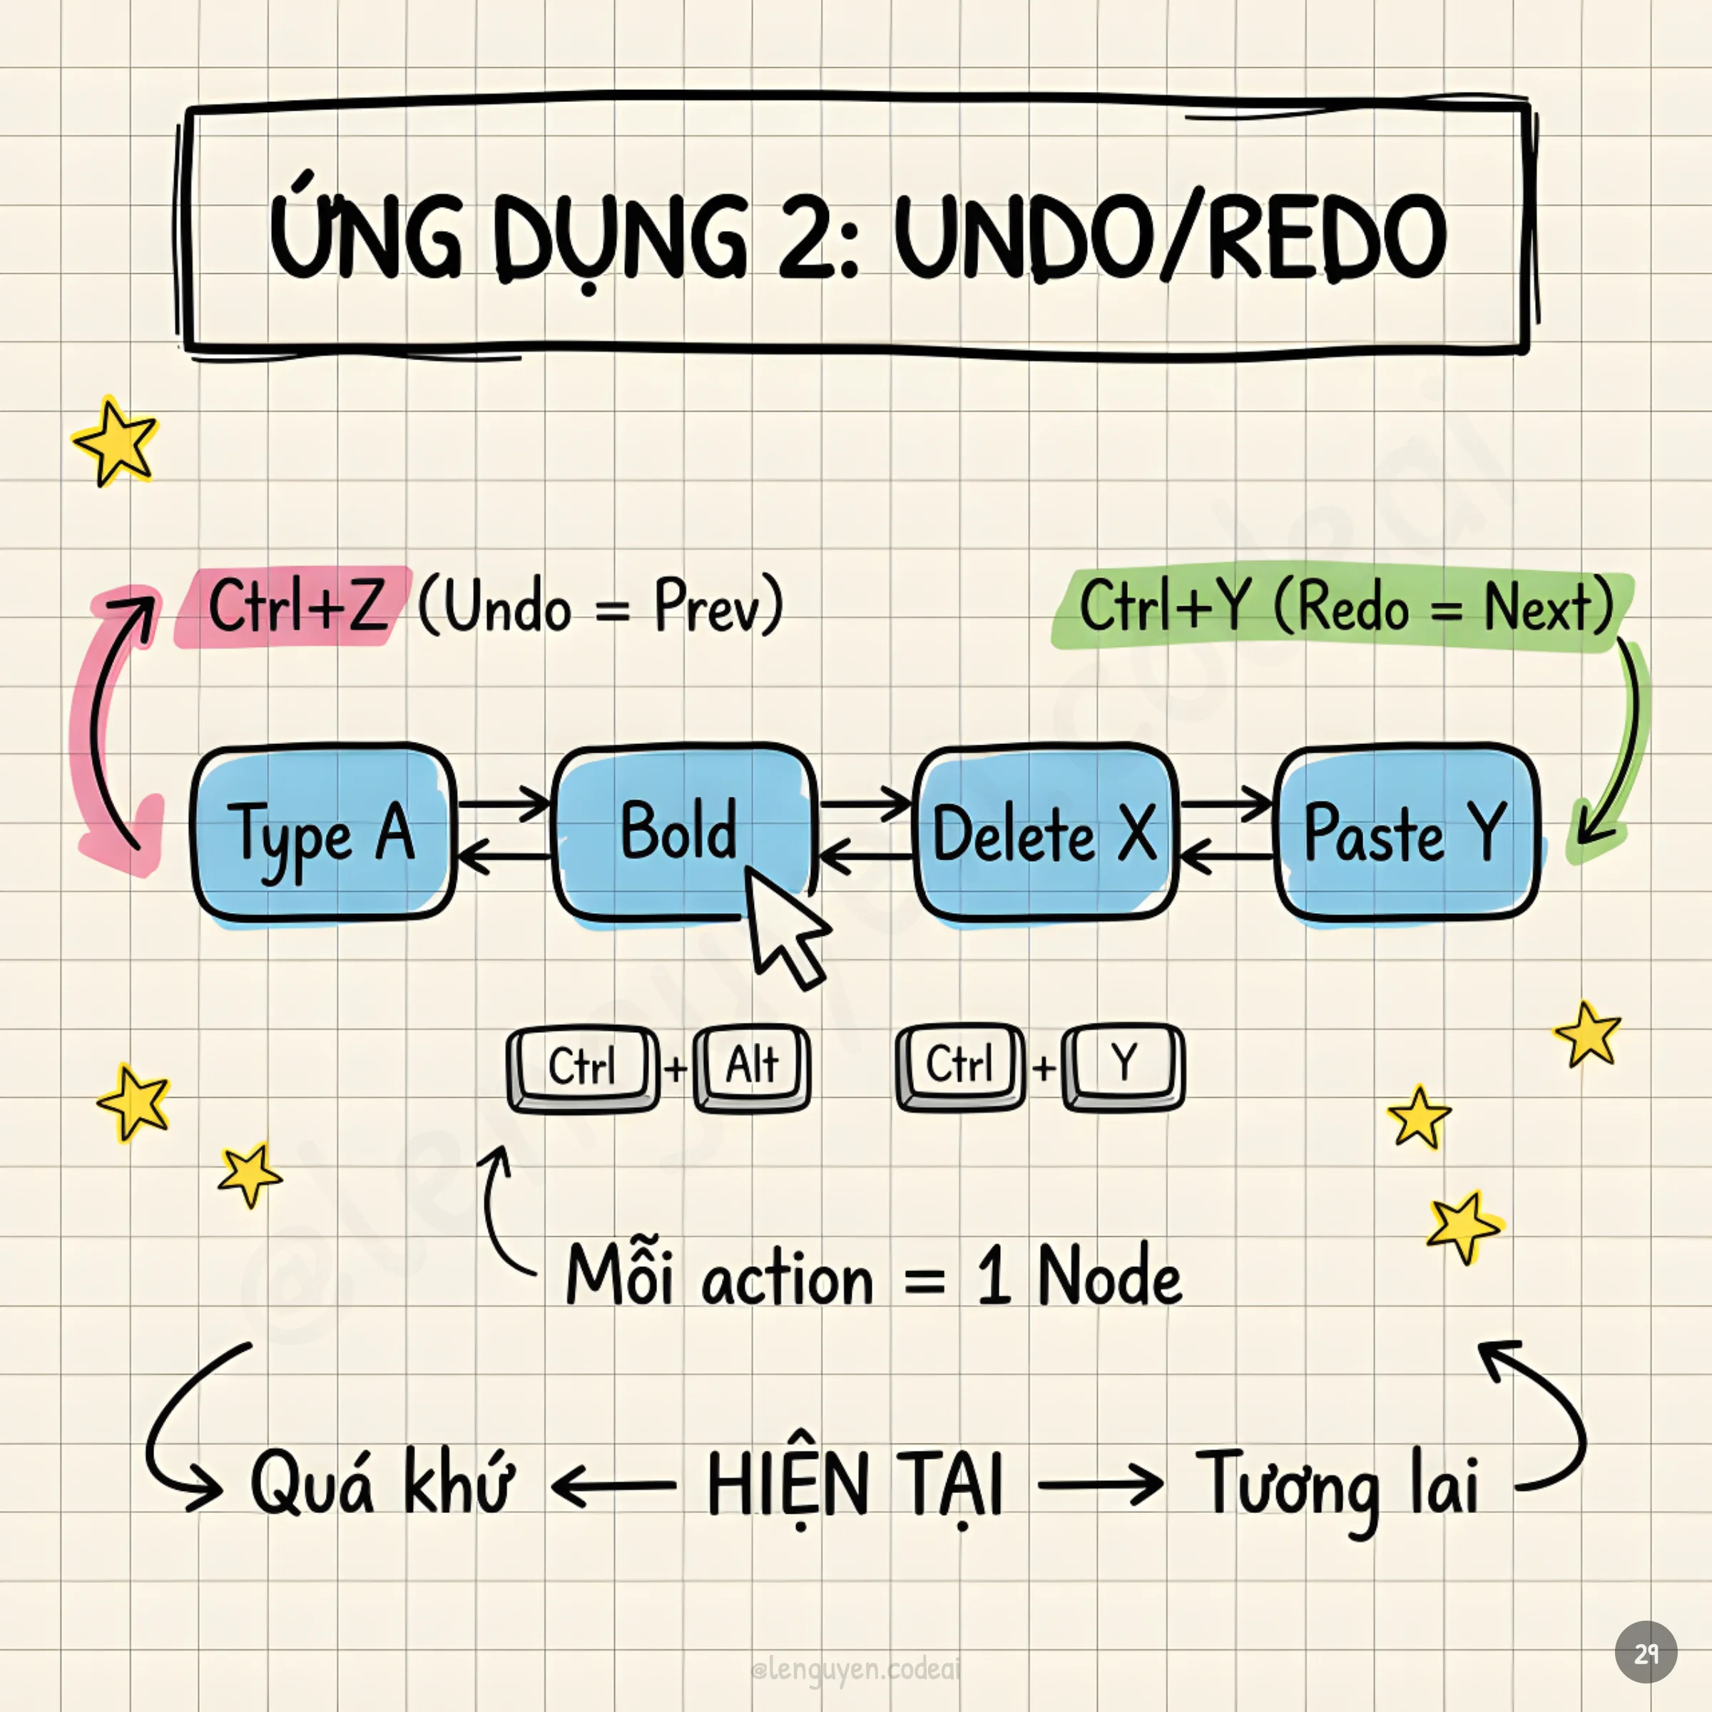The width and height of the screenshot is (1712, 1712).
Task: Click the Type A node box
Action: pos(323,833)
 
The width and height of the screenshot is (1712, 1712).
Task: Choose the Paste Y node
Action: pos(1406,833)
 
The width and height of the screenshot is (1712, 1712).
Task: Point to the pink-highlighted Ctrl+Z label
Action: pos(297,606)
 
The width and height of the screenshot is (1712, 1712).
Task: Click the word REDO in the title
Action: pos(1327,235)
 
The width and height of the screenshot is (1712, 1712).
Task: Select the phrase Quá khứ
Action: pos(381,1484)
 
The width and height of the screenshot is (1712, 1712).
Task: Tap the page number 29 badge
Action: pos(1646,1653)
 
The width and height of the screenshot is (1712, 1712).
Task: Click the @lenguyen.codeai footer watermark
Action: pos(855,1669)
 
